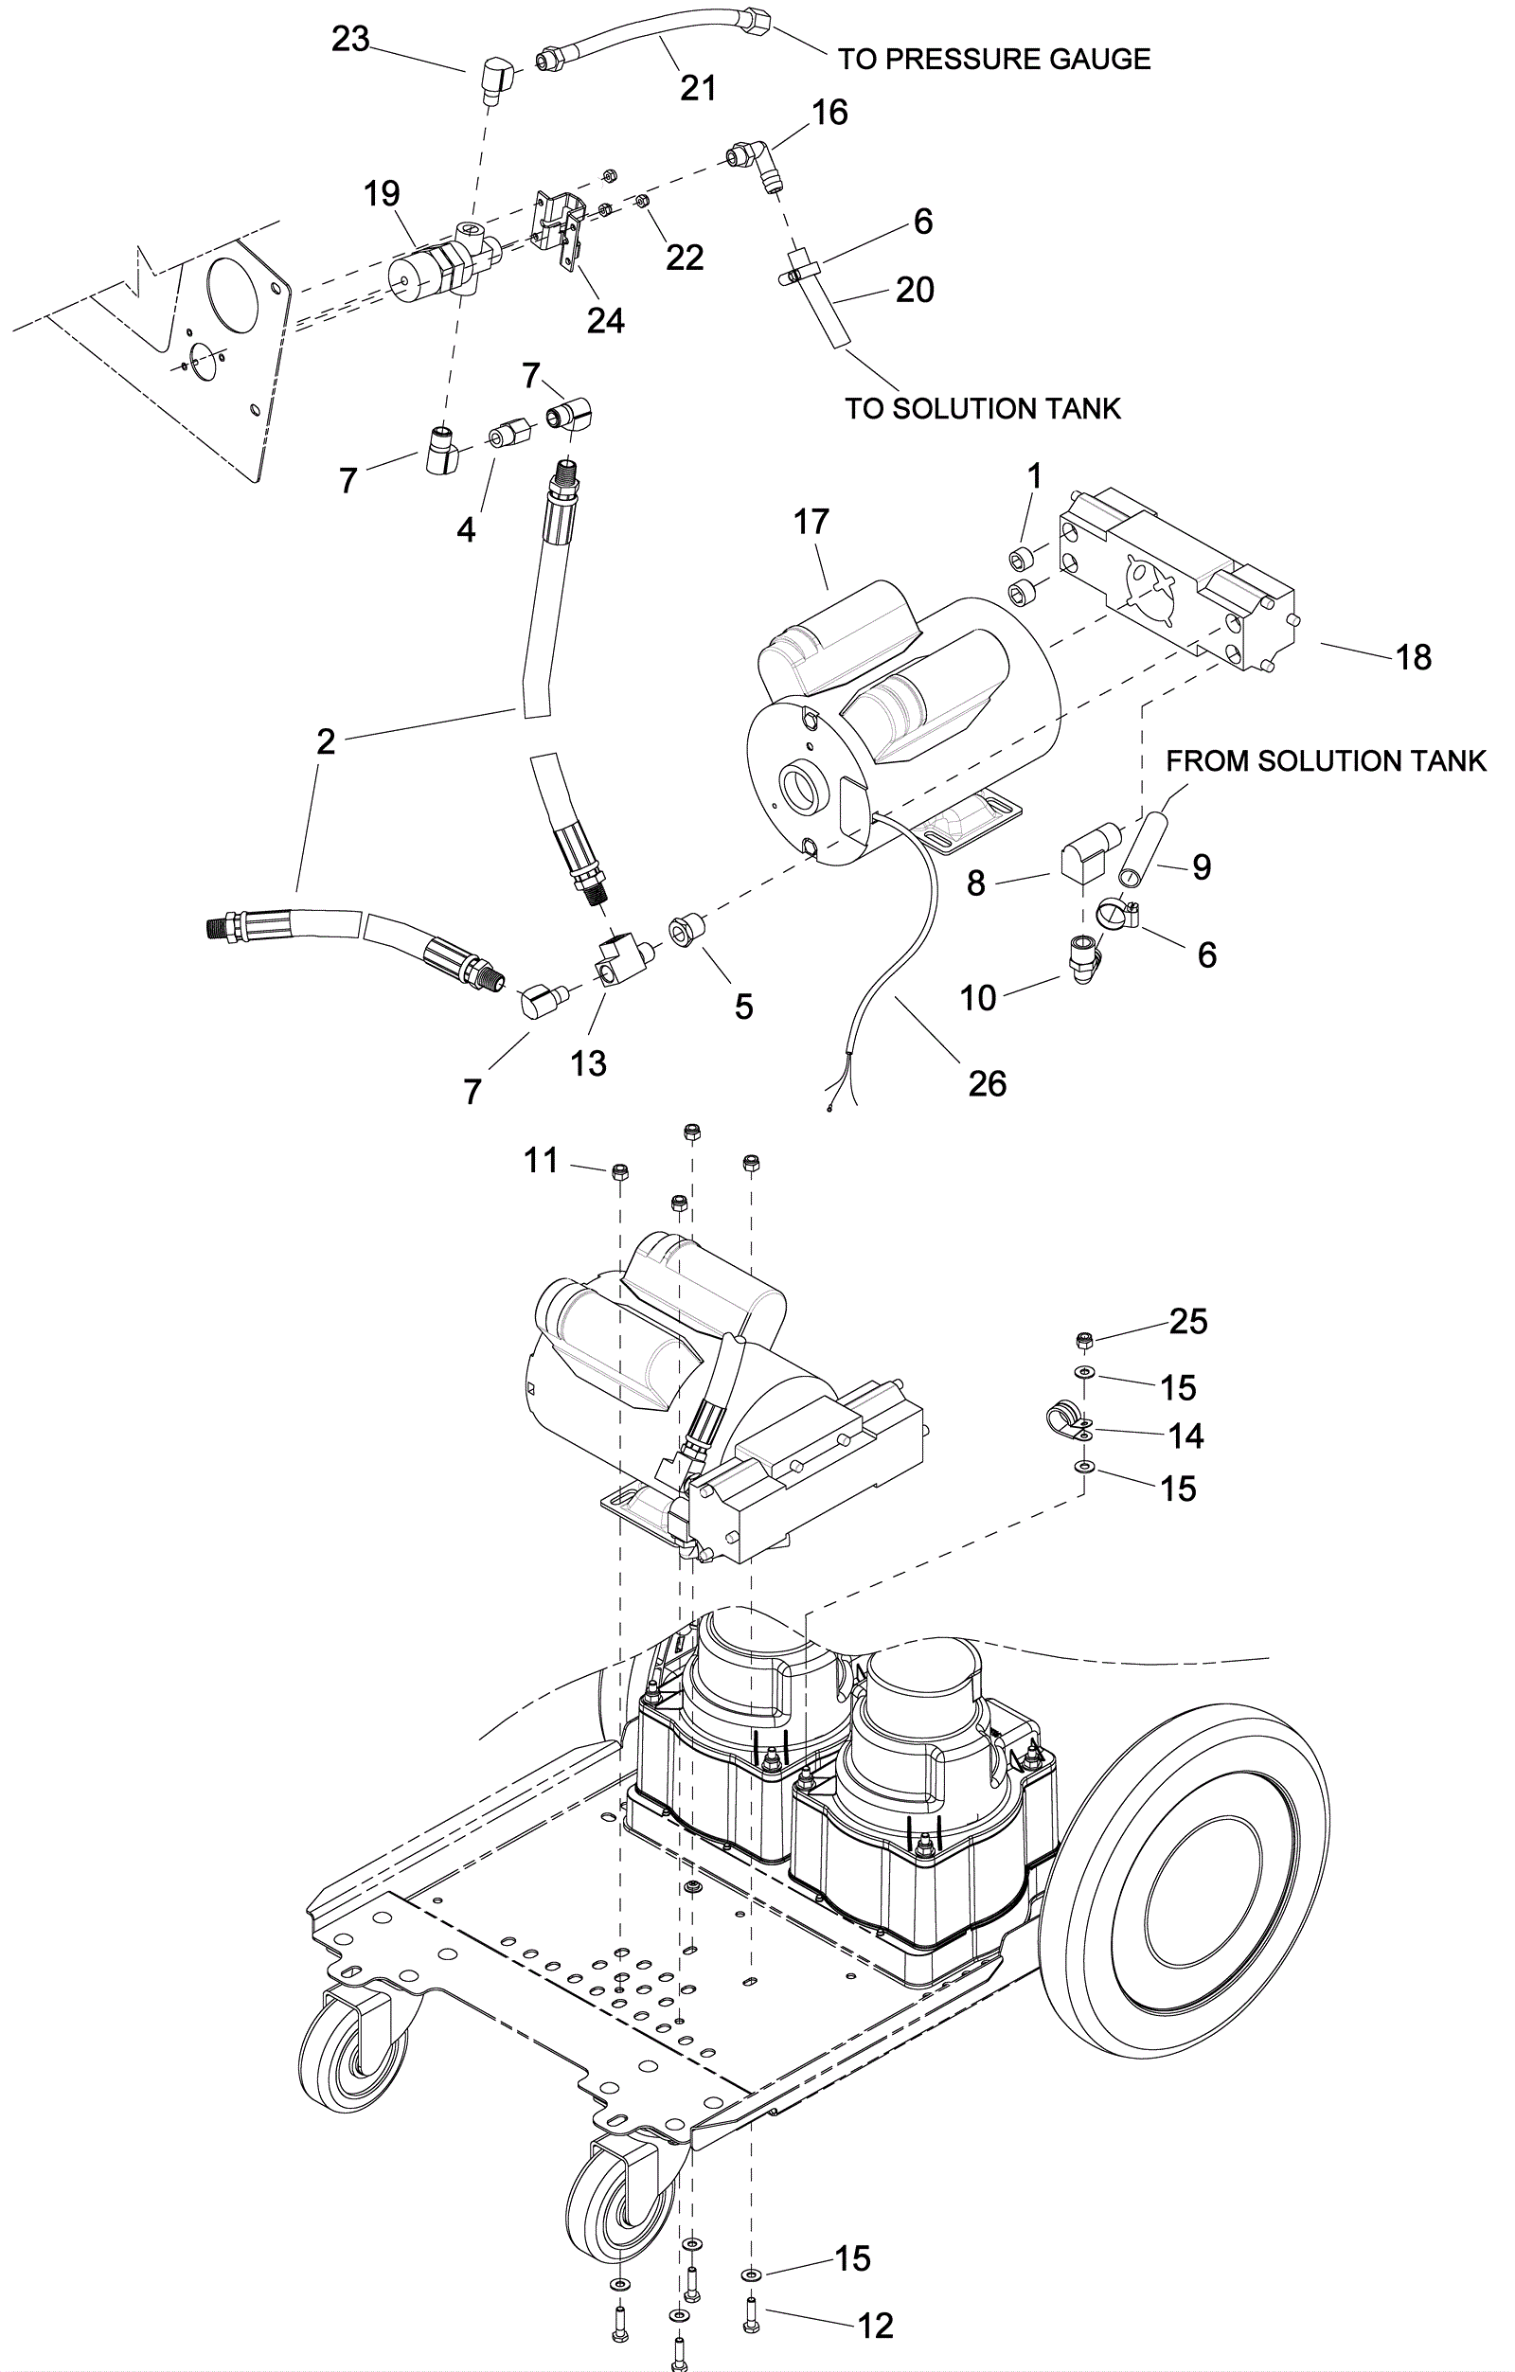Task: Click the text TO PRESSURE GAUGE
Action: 994,59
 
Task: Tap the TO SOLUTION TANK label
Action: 982,408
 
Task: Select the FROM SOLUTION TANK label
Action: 1326,760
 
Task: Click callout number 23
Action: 349,40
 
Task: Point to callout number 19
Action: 382,193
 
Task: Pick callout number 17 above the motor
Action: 811,522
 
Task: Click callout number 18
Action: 1414,657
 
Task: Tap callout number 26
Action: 987,1083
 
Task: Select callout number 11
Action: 541,1160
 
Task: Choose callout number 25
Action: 1188,1321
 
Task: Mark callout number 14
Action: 1186,1436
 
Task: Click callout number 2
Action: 325,740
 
